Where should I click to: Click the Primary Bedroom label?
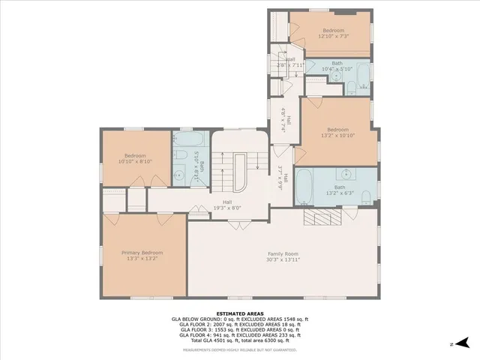pyautogui.click(x=142, y=253)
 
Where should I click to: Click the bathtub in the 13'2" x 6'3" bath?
pyautogui.click(x=305, y=188)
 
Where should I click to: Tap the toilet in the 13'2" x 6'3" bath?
pyautogui.click(x=365, y=197)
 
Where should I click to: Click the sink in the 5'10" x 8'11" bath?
pyautogui.click(x=179, y=175)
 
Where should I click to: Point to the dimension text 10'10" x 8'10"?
pyautogui.click(x=135, y=160)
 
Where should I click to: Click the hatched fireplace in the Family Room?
pyautogui.click(x=323, y=217)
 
